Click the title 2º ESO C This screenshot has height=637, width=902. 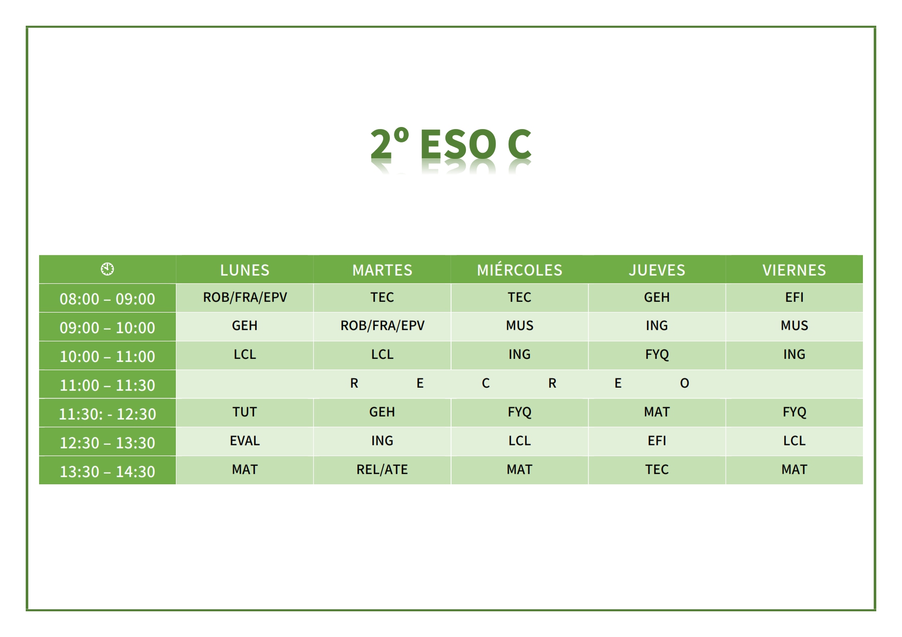tap(450, 143)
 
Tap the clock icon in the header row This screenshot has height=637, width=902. tap(107, 269)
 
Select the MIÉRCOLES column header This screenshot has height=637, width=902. tap(519, 270)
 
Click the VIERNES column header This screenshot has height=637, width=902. tap(794, 270)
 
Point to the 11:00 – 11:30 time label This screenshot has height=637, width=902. tap(107, 385)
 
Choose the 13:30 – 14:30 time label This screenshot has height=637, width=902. tap(107, 471)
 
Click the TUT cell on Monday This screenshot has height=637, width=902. tap(245, 412)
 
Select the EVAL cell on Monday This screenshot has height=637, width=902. tap(245, 441)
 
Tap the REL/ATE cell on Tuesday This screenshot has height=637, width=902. tap(382, 469)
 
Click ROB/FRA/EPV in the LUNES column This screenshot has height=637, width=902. tap(245, 297)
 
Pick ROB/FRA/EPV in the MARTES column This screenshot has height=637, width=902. tap(382, 325)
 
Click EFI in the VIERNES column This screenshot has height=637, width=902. tap(794, 297)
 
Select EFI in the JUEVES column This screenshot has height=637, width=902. tap(657, 441)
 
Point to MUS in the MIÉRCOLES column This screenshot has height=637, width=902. tap(519, 325)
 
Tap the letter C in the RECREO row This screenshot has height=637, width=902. tap(485, 383)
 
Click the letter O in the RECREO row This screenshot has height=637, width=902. tap(684, 383)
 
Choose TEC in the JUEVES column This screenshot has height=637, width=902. tap(657, 469)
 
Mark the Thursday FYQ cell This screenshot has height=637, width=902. tap(657, 355)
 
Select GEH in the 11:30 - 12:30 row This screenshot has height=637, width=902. tap(382, 412)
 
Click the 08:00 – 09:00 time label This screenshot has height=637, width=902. tap(107, 299)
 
